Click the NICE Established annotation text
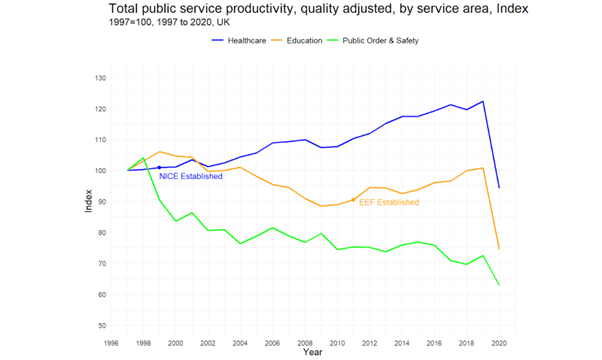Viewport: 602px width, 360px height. point(190,177)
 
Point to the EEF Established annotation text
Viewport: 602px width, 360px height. point(389,202)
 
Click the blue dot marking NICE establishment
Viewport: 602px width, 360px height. point(159,168)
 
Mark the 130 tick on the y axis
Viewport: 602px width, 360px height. point(99,78)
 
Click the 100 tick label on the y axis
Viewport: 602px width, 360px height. point(99,171)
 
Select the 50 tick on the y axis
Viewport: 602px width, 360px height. point(101,326)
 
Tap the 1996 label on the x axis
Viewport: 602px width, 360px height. point(113,342)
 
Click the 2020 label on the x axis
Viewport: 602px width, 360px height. point(498,342)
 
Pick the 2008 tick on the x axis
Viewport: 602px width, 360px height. point(305,342)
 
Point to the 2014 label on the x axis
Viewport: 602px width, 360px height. point(402,342)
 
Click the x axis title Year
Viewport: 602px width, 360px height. point(313,352)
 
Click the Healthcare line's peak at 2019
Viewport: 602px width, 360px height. point(483,101)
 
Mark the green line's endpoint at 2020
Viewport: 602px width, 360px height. point(499,285)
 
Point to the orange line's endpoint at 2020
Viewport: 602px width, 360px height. point(499,249)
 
